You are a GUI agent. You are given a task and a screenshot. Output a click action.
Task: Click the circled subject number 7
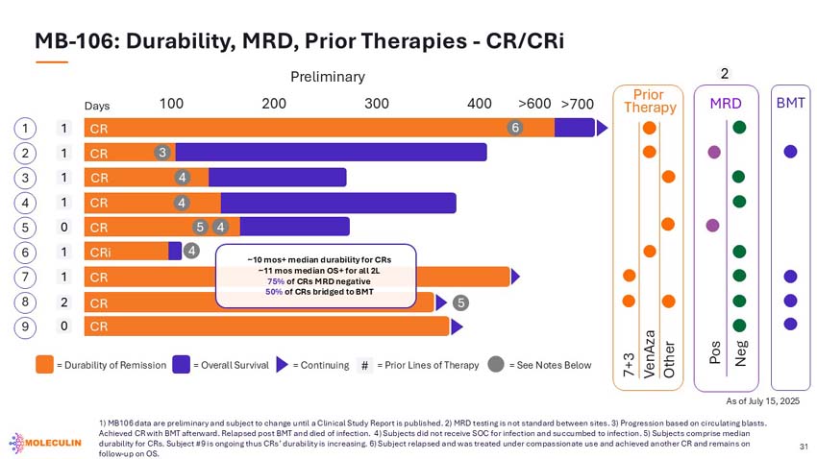point(25,277)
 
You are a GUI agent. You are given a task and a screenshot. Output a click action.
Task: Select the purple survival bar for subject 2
point(331,152)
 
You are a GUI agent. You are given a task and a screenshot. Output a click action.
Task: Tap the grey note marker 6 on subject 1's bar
point(515,128)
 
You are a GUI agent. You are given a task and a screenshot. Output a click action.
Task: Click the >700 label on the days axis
point(578,104)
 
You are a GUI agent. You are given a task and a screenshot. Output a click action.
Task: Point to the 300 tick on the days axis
point(377,104)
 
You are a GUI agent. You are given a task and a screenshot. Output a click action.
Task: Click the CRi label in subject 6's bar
point(101,253)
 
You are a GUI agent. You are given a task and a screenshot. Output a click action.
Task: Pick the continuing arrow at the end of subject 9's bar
point(457,326)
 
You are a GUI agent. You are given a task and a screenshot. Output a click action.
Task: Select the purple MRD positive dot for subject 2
point(714,152)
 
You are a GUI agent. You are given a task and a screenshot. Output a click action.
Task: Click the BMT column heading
point(790,103)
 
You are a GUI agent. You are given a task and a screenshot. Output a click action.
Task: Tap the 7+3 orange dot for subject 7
point(629,276)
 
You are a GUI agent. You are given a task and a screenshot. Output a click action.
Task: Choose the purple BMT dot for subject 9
point(790,324)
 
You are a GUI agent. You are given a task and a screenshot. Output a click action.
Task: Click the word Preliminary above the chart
point(328,77)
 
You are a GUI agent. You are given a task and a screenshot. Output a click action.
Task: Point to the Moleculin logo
point(45,443)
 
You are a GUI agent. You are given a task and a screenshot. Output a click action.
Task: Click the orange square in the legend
point(44,364)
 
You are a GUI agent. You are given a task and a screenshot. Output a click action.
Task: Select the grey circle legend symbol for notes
point(496,364)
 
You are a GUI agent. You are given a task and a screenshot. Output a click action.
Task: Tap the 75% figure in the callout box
point(276,281)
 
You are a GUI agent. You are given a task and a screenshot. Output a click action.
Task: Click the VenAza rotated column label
point(649,354)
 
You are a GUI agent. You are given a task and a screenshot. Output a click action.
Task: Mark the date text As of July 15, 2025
point(763,401)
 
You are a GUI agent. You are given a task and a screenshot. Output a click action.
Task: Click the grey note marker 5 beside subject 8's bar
point(460,302)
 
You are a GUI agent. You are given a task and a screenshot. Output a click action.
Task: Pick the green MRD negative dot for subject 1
point(739,127)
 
